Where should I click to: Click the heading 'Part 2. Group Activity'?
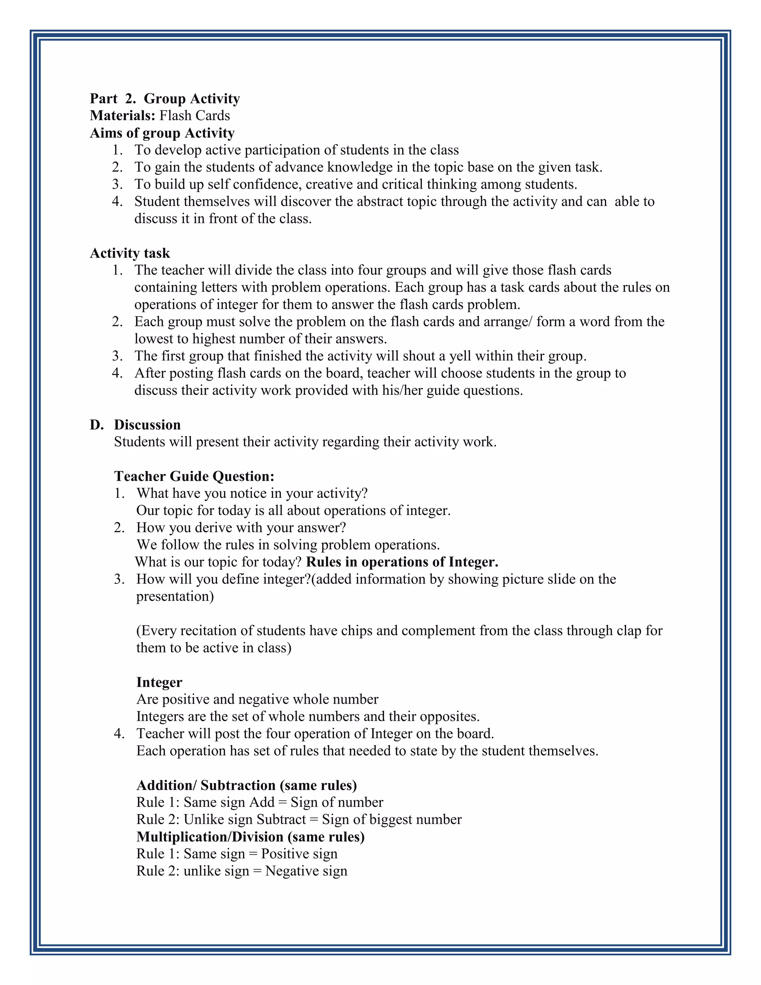165,98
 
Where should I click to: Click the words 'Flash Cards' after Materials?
194,116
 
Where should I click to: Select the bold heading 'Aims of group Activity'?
162,133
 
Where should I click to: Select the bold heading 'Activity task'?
130,253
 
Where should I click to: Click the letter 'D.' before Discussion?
97,425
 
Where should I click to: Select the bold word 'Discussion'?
147,425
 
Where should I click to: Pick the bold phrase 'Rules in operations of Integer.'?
402,562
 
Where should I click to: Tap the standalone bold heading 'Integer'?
159,682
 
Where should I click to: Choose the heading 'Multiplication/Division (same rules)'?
250,837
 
